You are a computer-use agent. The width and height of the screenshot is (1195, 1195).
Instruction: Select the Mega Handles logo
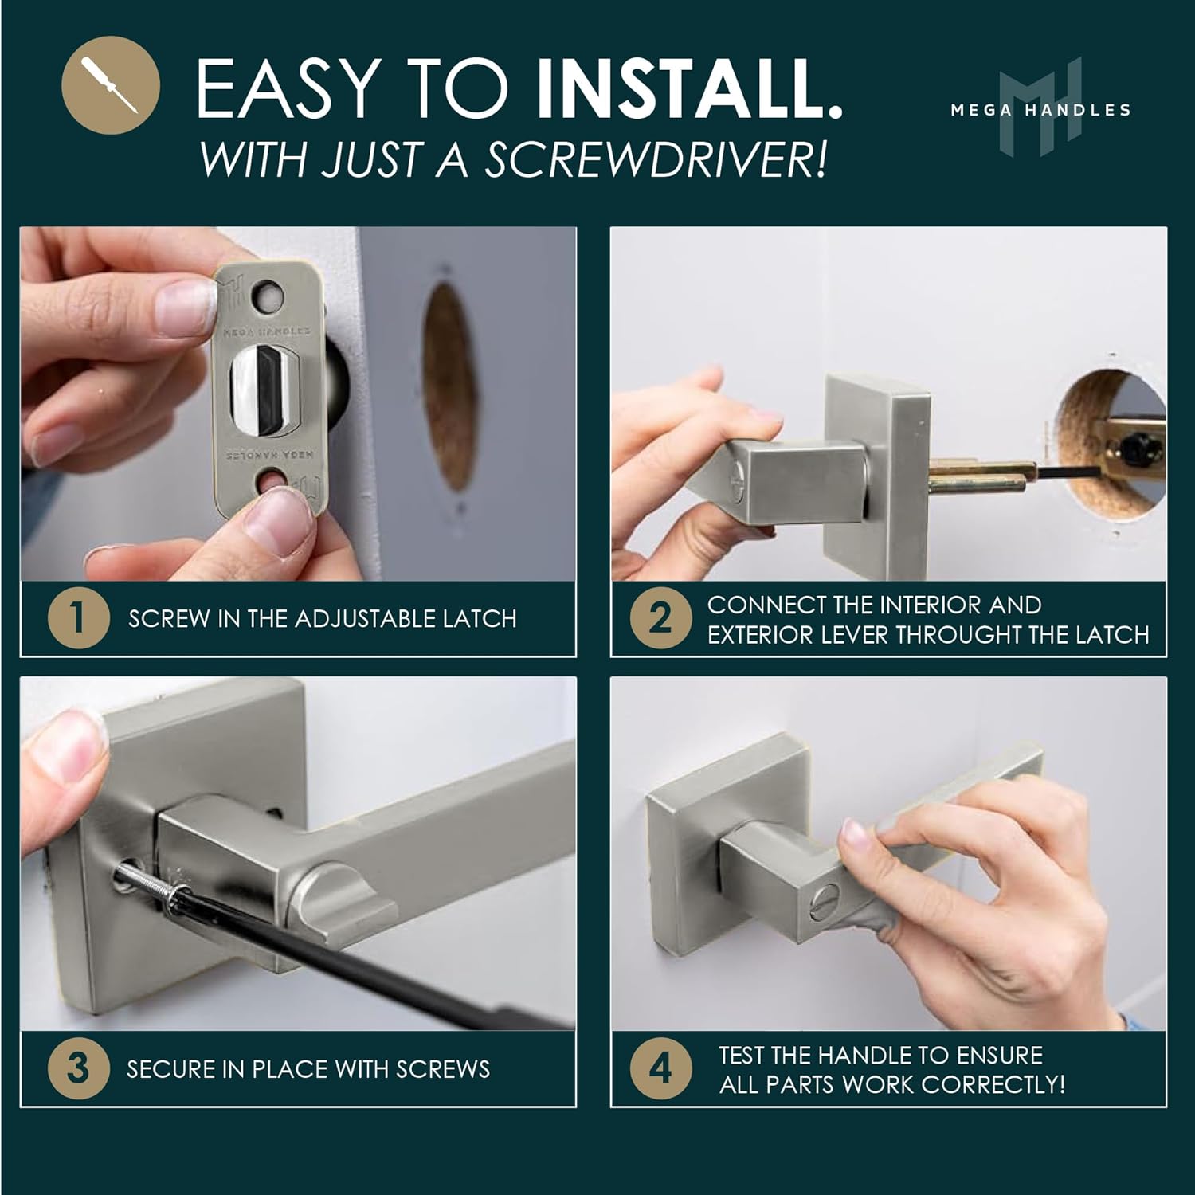click(x=1040, y=108)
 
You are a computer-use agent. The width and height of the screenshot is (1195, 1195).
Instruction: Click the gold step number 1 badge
click(x=78, y=617)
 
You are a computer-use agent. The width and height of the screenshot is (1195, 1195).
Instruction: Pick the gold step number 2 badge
click(x=660, y=618)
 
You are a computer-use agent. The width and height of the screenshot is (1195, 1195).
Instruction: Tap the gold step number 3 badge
click(x=78, y=1068)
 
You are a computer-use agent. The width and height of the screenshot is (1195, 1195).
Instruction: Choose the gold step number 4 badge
click(x=660, y=1068)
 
